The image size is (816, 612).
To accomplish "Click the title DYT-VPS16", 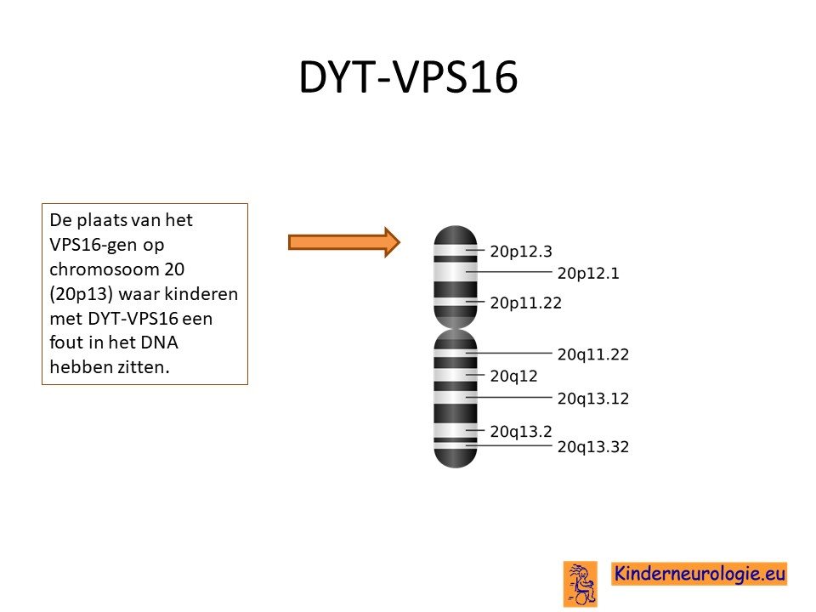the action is point(409,77).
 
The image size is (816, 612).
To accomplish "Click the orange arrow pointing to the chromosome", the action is point(344,242).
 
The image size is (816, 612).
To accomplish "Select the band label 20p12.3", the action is point(521,252).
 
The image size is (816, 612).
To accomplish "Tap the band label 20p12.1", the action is point(588,273).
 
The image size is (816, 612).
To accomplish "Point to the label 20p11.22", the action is point(526,303).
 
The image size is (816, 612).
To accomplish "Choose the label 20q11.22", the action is point(593,354).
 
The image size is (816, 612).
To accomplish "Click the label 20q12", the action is point(513,377).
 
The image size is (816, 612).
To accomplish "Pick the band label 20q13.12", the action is point(593,399).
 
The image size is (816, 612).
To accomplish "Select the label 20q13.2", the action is point(521,432).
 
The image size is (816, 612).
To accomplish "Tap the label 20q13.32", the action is point(593,446).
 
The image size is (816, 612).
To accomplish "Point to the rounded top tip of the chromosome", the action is point(456,227).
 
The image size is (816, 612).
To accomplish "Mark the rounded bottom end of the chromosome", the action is point(456,465).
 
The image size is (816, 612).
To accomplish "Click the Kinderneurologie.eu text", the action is point(700,574).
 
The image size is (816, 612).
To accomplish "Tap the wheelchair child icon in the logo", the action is point(581,584).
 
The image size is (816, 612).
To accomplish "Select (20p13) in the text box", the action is point(82,294).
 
